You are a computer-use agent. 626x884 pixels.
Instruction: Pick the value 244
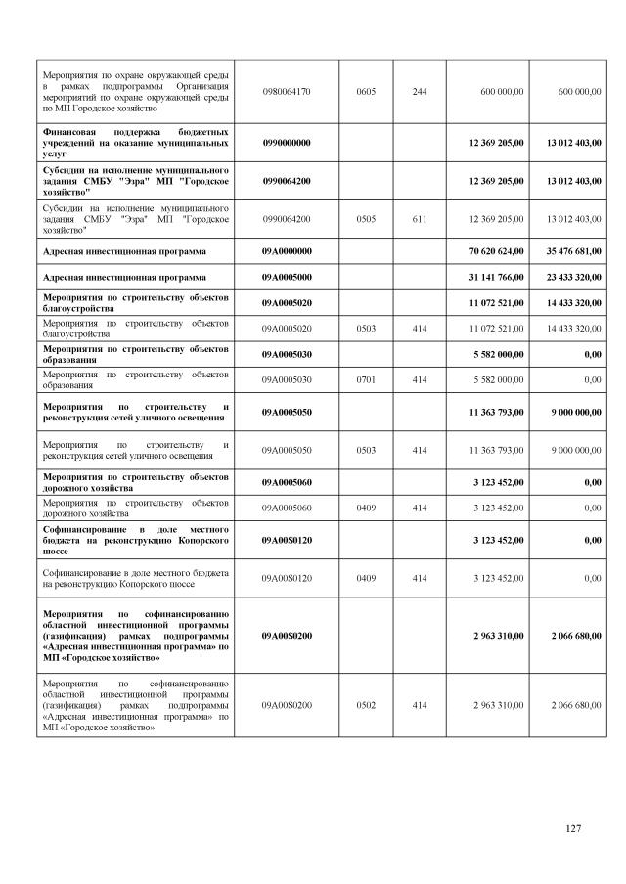(419, 91)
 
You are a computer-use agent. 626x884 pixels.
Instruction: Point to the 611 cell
(419, 219)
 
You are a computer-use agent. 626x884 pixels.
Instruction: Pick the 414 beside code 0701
(419, 378)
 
